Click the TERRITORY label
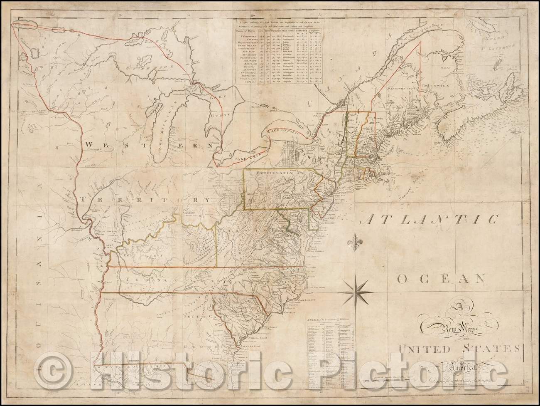click(x=147, y=200)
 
